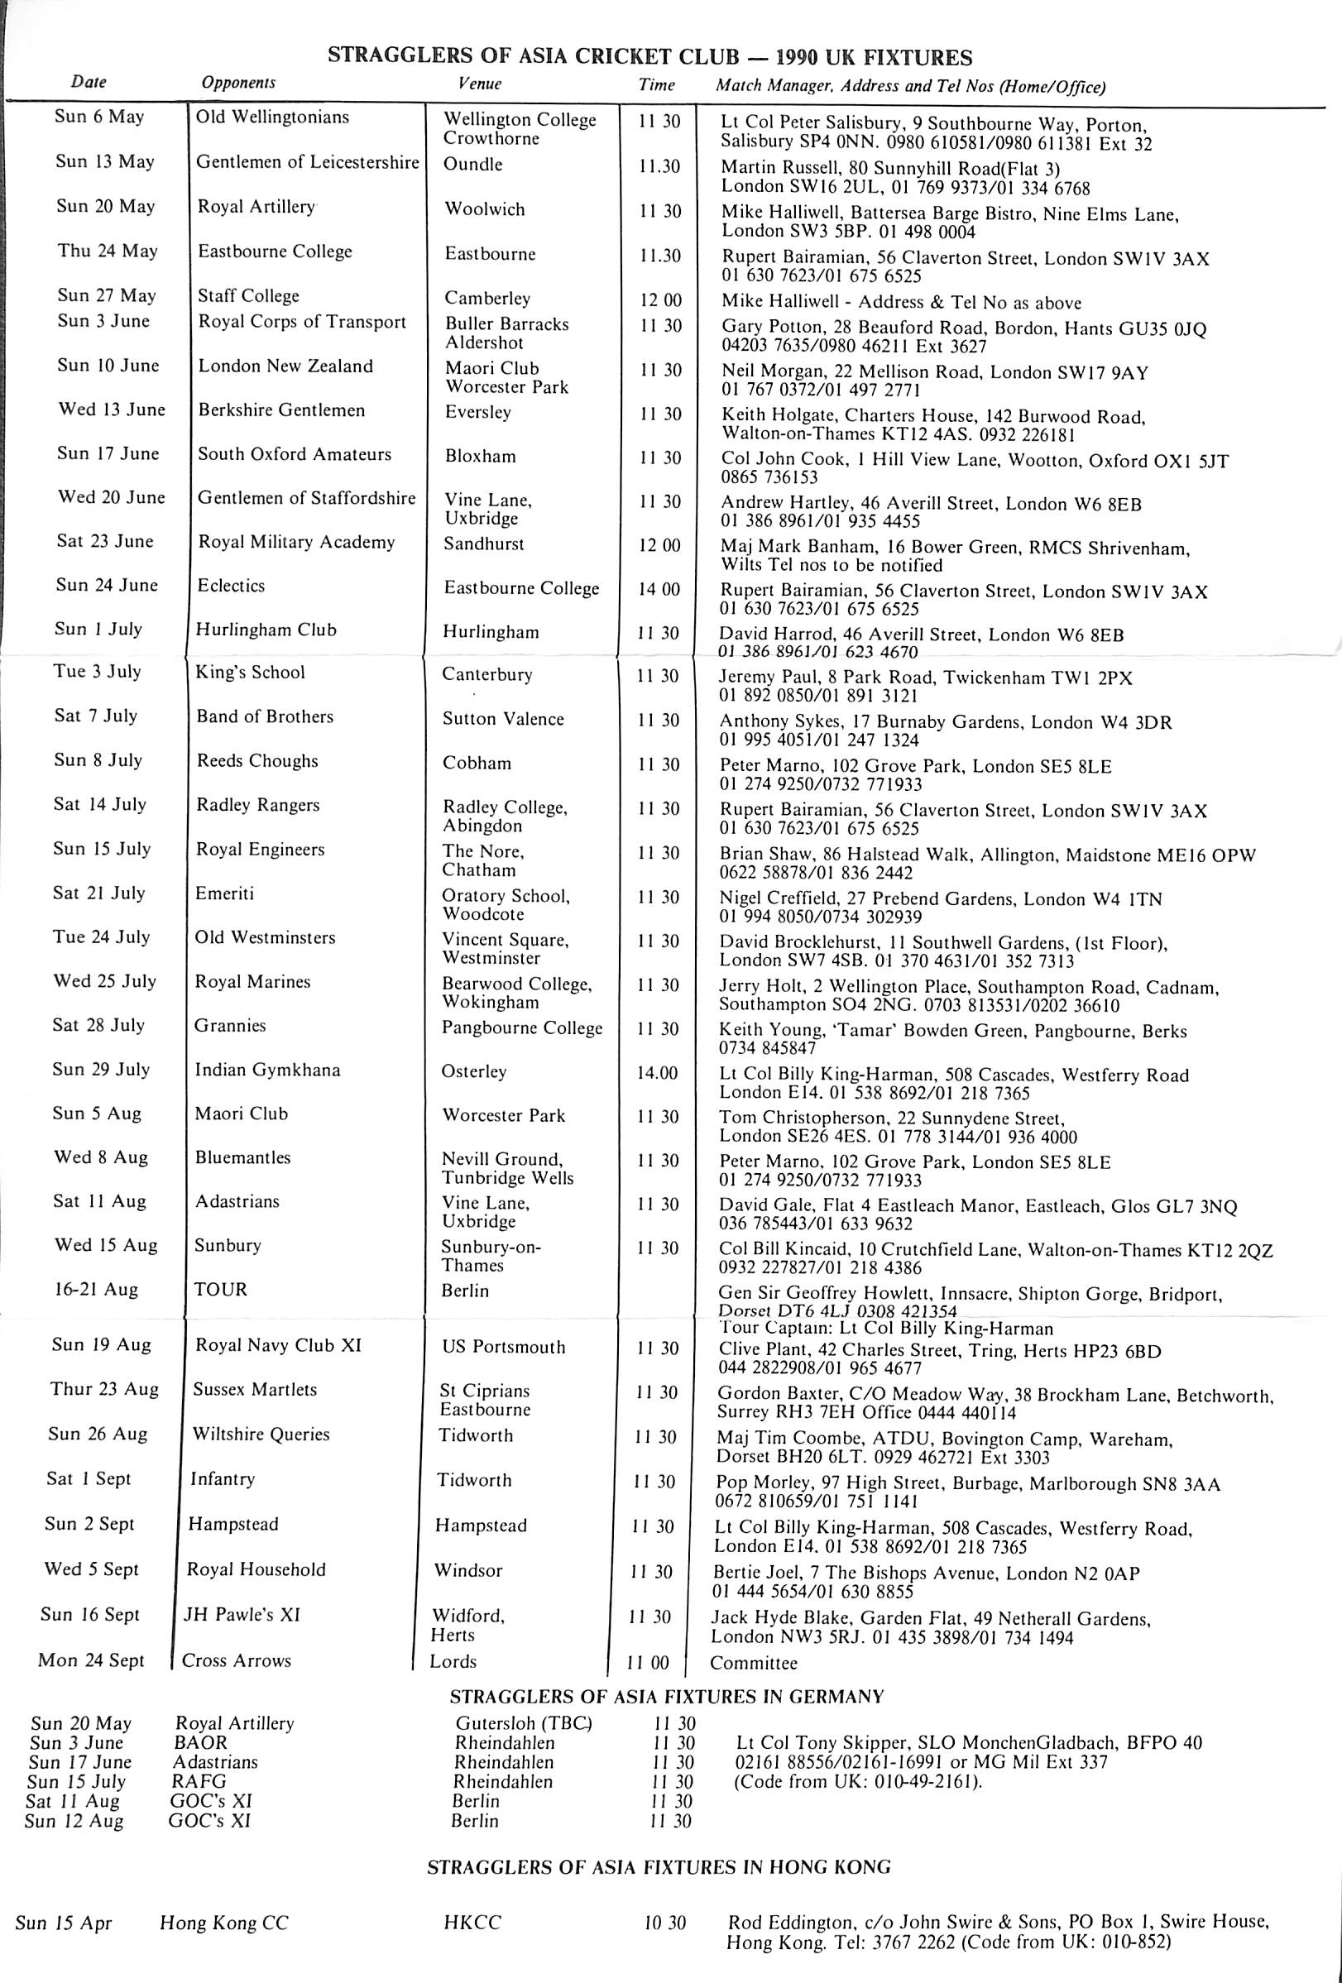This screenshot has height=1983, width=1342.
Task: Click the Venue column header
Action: (x=480, y=84)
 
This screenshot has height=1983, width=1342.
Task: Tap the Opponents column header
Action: (x=238, y=83)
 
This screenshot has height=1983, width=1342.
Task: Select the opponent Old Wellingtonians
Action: (x=272, y=117)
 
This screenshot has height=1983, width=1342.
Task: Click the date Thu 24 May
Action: (x=108, y=251)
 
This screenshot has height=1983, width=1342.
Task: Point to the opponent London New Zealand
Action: (x=285, y=366)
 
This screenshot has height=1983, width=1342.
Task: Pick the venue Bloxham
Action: (x=480, y=456)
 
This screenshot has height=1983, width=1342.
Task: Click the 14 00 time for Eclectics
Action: (x=660, y=588)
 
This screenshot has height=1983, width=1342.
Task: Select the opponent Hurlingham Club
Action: (x=266, y=630)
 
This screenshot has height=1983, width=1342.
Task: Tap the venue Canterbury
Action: (x=486, y=674)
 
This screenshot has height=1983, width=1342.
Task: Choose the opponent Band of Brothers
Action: (x=265, y=716)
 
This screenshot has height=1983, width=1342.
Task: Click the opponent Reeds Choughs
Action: (x=256, y=761)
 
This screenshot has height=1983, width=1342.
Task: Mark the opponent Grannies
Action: (x=229, y=1026)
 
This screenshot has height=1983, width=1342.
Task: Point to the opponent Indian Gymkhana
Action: (x=267, y=1070)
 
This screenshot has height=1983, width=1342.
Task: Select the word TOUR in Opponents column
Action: (x=220, y=1289)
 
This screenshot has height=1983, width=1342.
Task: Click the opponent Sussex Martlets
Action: (x=254, y=1389)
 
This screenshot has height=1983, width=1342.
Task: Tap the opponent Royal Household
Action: (x=256, y=1569)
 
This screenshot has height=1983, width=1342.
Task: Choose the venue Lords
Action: (x=453, y=1661)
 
